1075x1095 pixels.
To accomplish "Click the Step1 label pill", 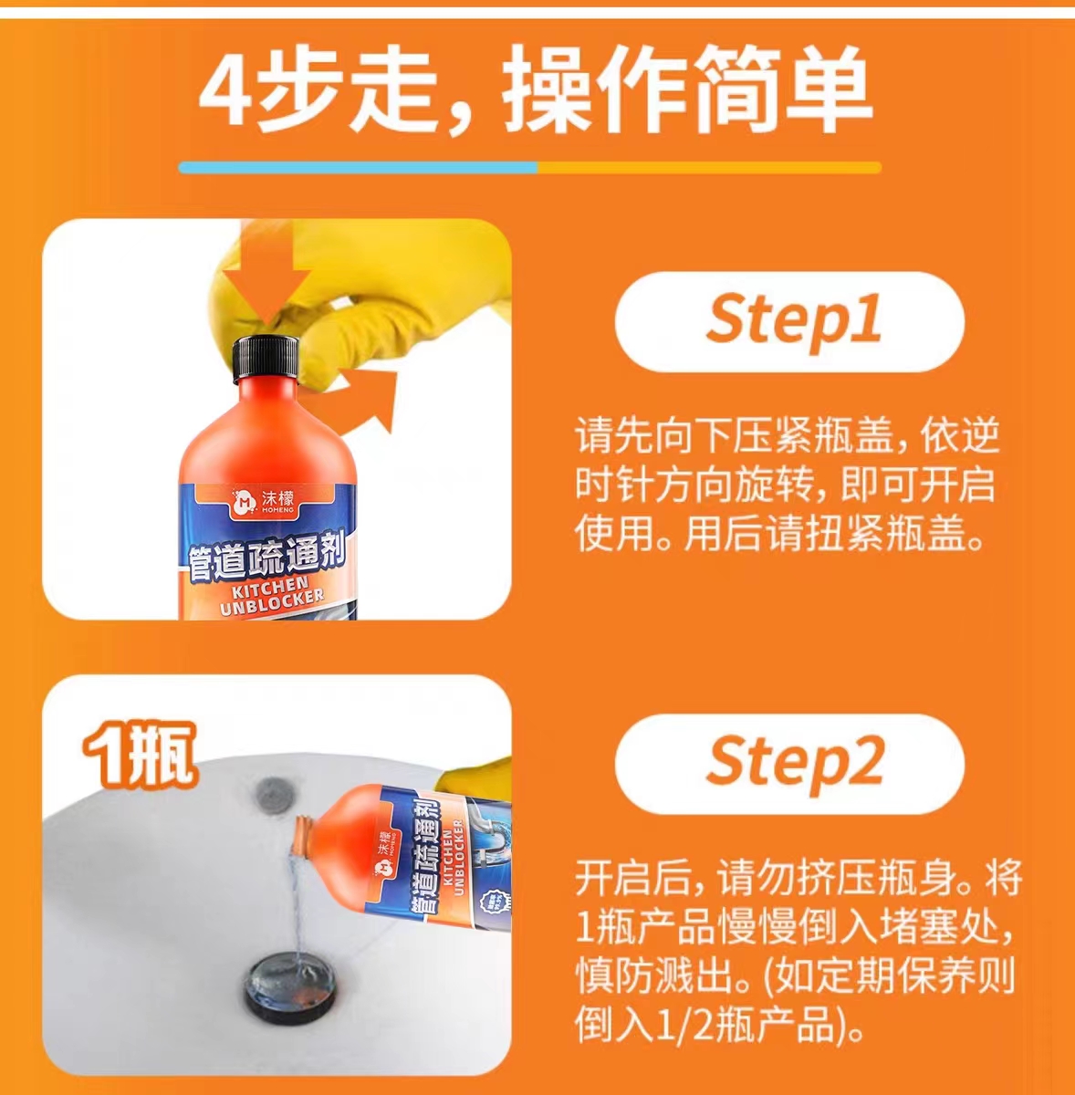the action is coord(789,321).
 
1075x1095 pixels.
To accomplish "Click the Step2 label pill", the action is coord(789,764).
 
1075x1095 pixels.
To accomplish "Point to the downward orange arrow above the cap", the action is coord(266,272).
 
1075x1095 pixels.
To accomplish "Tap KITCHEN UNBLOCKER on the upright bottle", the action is coord(272,594).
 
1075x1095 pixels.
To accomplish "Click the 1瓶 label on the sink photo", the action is coord(140,755).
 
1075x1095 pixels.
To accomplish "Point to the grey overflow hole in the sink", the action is coord(272,795).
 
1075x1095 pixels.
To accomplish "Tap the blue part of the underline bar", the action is coord(358,168).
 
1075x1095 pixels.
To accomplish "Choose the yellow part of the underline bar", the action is coord(709,168).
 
